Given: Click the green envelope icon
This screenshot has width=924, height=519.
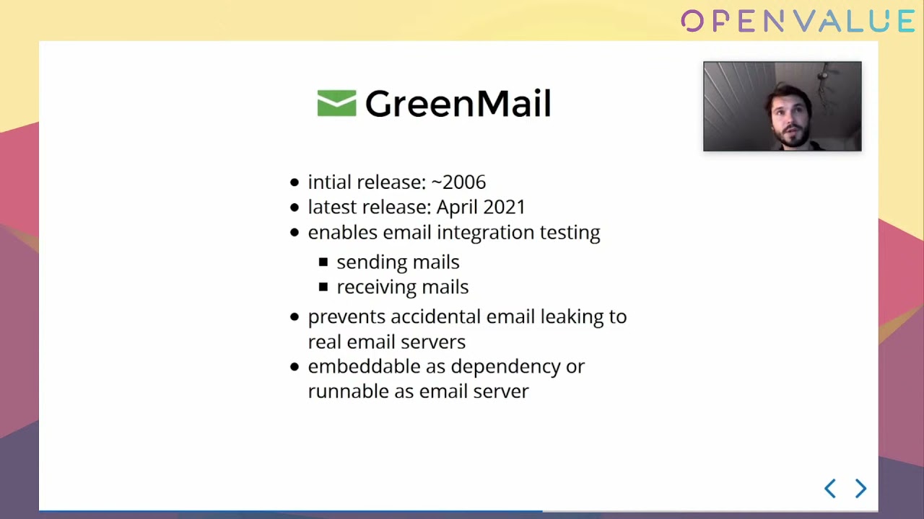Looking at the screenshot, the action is pos(336,103).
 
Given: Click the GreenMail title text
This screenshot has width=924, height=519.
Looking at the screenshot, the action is pos(458,103).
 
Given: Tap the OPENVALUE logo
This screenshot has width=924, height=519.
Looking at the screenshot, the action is pos(798,21).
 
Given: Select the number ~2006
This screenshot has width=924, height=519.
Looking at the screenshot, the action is pos(458,182).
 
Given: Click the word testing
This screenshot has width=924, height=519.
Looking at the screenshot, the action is pos(570,233).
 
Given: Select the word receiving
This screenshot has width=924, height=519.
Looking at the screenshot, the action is pos(374,288).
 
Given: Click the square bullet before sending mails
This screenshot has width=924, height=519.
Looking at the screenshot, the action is pos(323,262).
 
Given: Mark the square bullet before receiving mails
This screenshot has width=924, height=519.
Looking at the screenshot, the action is pos(323,287).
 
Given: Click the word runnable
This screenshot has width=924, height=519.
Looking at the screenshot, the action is pos(348,391).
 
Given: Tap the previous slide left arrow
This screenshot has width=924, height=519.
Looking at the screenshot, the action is pos(830,489).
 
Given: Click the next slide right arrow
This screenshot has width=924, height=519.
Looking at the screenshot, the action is pos(861,489).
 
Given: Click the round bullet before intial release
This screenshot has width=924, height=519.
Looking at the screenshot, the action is pos(294,182).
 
